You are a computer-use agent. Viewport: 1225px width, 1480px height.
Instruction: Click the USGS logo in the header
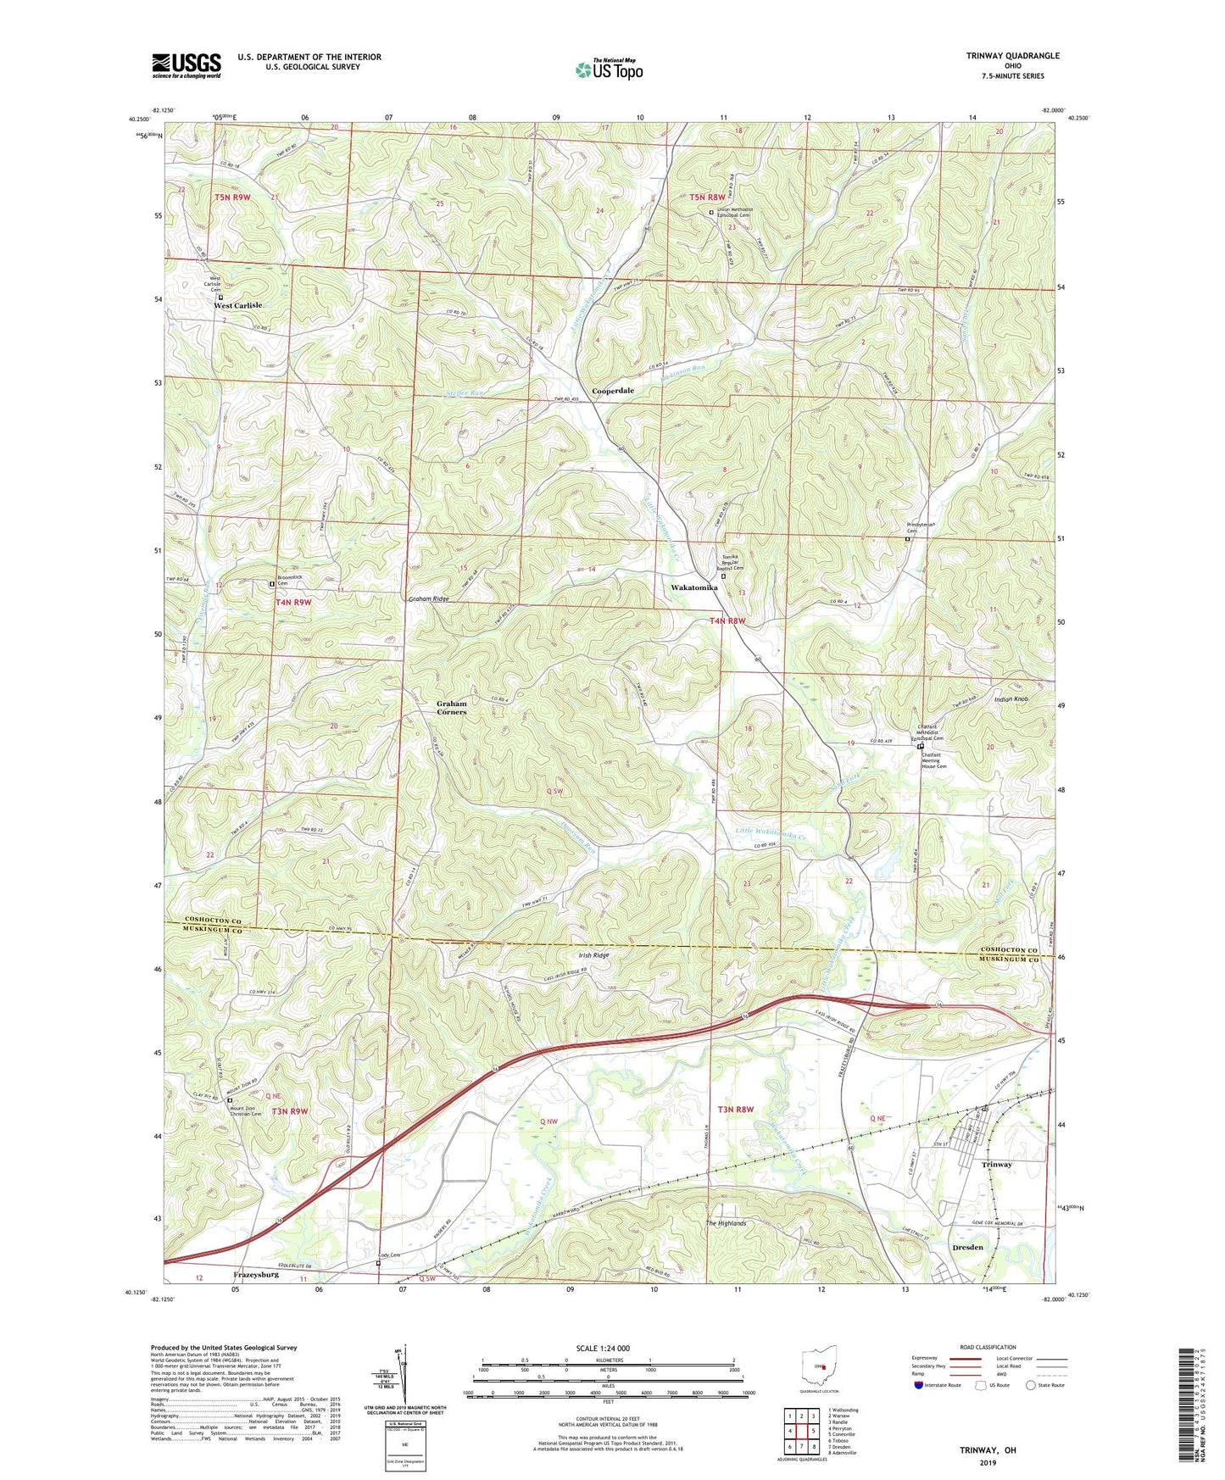[187, 65]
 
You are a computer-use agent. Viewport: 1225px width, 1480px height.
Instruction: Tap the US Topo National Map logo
[609, 70]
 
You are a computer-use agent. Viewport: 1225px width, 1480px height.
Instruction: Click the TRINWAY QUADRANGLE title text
[1012, 56]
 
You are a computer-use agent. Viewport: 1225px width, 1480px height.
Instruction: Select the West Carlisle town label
[237, 305]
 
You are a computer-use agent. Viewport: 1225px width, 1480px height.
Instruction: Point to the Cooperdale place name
[612, 391]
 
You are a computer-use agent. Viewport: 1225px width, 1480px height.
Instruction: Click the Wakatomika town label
[693, 587]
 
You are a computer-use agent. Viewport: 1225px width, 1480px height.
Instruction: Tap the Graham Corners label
[451, 708]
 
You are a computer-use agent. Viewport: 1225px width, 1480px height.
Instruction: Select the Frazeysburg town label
[255, 1274]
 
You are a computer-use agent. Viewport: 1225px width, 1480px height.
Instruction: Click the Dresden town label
[967, 1247]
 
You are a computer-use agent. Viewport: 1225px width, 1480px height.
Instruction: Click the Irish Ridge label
[593, 955]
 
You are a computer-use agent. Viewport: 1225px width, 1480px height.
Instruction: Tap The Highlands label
[726, 1223]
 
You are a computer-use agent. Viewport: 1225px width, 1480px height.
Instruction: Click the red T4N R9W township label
[293, 603]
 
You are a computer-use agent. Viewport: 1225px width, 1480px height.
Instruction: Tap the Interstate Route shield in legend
[919, 1385]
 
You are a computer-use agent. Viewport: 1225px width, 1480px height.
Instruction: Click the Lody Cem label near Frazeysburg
[388, 1255]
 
